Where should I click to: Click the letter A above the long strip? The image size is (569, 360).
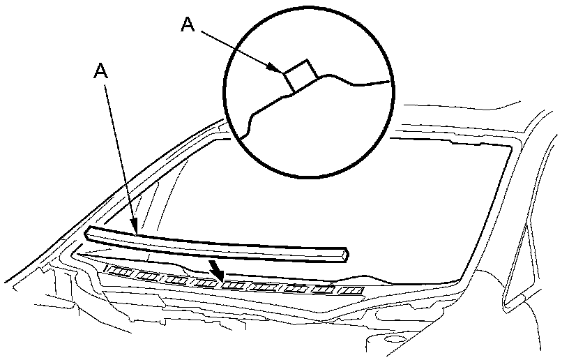pos(102,70)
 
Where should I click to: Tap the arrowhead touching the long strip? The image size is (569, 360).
pos(137,227)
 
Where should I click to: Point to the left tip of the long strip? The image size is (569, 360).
pos(87,234)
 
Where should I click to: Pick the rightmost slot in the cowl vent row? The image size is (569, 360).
pos(351,290)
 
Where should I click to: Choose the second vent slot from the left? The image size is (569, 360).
pos(146,275)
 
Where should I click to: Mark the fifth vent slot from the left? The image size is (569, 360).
pos(234,285)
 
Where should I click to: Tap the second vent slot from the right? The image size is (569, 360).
pos(324,290)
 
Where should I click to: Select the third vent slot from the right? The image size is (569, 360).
pos(295,288)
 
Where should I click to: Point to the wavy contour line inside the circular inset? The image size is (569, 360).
pos(335,78)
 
